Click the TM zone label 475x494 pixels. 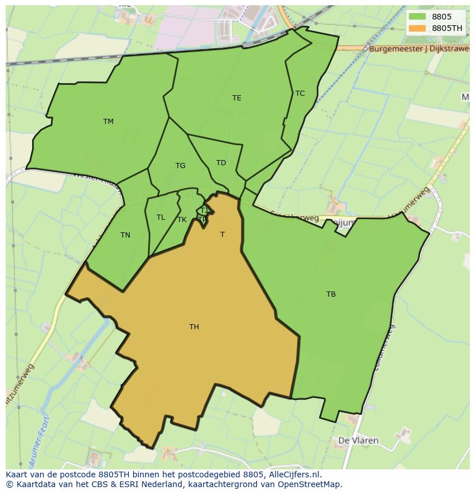(108, 121)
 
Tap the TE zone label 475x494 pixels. (237, 98)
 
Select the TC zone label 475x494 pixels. (300, 93)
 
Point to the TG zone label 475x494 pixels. (180, 166)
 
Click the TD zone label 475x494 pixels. (221, 163)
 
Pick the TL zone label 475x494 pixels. (161, 217)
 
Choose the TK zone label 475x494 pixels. (182, 220)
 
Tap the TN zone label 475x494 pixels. (125, 235)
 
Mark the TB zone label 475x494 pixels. (331, 294)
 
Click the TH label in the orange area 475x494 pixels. (194, 327)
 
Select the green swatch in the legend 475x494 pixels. (417, 17)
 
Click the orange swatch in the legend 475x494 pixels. (417, 28)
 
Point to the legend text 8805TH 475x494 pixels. (447, 28)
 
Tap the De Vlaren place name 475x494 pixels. (359, 441)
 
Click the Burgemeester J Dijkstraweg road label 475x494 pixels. (420, 49)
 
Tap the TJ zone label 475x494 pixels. (204, 211)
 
